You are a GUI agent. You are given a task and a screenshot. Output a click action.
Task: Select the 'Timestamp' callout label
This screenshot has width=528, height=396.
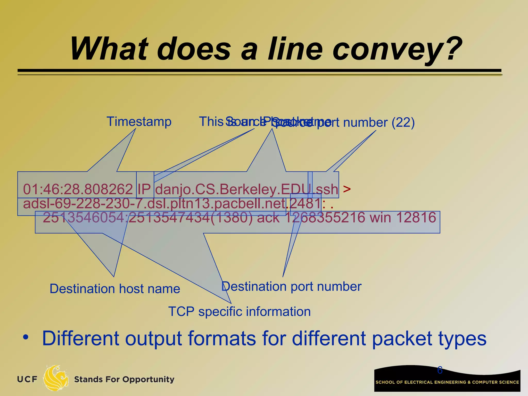139,121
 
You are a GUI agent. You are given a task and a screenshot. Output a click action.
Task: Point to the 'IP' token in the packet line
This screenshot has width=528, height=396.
144,189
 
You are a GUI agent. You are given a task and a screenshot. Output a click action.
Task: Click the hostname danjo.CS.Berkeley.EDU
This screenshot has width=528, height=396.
233,189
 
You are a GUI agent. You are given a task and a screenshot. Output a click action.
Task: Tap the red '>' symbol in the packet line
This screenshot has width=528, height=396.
347,189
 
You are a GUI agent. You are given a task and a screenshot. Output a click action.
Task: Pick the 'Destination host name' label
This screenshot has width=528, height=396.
115,288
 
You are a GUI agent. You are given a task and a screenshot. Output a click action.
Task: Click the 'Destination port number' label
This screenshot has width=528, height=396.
291,286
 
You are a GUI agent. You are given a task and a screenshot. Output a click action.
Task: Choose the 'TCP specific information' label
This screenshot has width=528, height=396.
239,311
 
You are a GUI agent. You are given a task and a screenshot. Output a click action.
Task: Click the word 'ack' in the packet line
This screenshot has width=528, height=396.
268,218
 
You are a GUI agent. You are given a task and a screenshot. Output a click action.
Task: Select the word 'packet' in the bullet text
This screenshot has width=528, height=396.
402,339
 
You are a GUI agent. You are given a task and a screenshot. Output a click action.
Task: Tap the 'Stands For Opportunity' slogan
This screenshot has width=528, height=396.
124,379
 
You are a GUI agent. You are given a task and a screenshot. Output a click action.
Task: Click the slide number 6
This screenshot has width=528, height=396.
440,370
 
